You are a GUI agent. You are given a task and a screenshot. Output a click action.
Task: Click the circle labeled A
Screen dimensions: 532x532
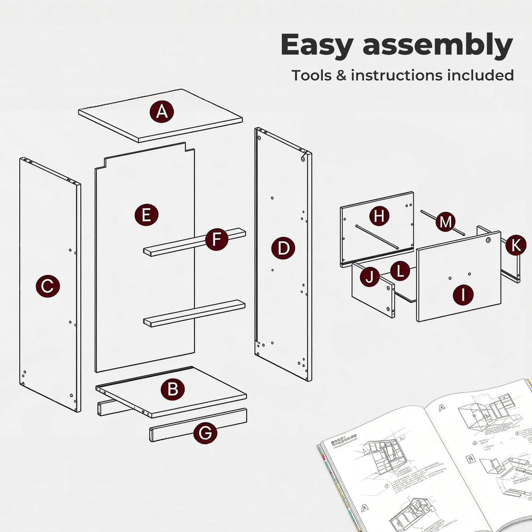click(x=162, y=113)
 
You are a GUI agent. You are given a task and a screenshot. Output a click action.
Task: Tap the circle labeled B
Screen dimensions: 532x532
click(x=172, y=390)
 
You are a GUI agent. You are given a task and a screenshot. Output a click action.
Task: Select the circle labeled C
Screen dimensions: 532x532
click(x=47, y=286)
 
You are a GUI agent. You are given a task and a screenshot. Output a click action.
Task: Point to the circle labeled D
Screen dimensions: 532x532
click(x=283, y=248)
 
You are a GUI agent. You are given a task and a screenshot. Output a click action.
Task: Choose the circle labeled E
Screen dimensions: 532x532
click(x=146, y=215)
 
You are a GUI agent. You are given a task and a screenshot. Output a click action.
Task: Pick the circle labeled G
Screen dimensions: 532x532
click(x=205, y=433)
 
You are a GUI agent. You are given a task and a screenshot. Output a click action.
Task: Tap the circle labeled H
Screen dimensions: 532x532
click(x=379, y=215)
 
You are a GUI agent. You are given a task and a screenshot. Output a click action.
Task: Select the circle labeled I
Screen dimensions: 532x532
click(x=463, y=295)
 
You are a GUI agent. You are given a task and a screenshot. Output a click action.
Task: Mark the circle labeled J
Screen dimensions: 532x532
click(x=369, y=277)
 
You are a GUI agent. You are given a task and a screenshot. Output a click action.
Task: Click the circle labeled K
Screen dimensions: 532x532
click(x=515, y=245)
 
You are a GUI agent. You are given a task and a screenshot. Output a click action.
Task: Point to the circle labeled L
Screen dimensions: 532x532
click(x=399, y=270)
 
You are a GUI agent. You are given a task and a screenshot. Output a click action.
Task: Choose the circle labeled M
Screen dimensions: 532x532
click(x=445, y=222)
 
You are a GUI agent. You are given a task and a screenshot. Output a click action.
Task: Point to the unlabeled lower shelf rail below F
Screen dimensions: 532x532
click(x=195, y=313)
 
